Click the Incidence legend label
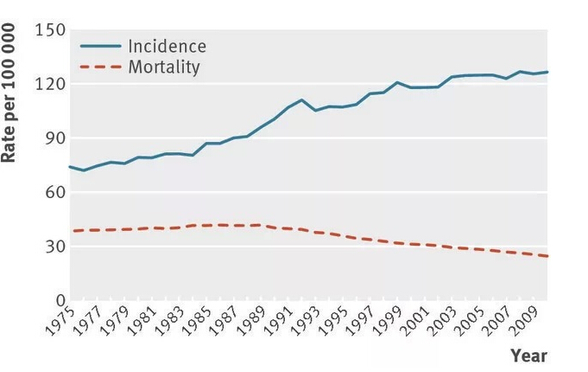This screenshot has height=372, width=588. pyautogui.click(x=167, y=46)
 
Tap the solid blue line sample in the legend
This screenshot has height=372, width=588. pyautogui.click(x=100, y=46)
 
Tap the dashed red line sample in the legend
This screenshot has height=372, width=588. pyautogui.click(x=100, y=66)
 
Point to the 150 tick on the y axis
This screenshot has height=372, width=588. pyautogui.click(x=49, y=31)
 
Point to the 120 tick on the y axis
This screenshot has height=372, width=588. pyautogui.click(x=49, y=85)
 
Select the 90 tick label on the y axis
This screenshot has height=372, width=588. pyautogui.click(x=53, y=138)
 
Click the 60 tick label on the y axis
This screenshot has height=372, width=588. pyautogui.click(x=53, y=192)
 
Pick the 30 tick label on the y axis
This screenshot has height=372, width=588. pyautogui.click(x=53, y=247)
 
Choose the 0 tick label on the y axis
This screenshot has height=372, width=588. pyautogui.click(x=58, y=300)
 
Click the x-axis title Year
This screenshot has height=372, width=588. pyautogui.click(x=528, y=356)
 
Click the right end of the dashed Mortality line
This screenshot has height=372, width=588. pyautogui.click(x=547, y=256)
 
